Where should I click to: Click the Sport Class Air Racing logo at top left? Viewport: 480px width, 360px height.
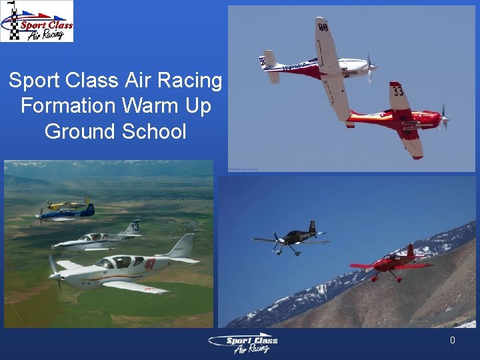(x=37, y=21)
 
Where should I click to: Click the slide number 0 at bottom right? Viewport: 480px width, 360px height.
(x=452, y=341)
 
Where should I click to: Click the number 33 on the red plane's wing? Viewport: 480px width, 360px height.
(x=398, y=90)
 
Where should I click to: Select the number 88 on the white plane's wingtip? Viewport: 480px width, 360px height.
(x=323, y=27)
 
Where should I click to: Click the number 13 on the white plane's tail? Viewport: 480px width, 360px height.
(x=135, y=227)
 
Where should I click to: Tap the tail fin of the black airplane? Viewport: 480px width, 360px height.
(x=312, y=227)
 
